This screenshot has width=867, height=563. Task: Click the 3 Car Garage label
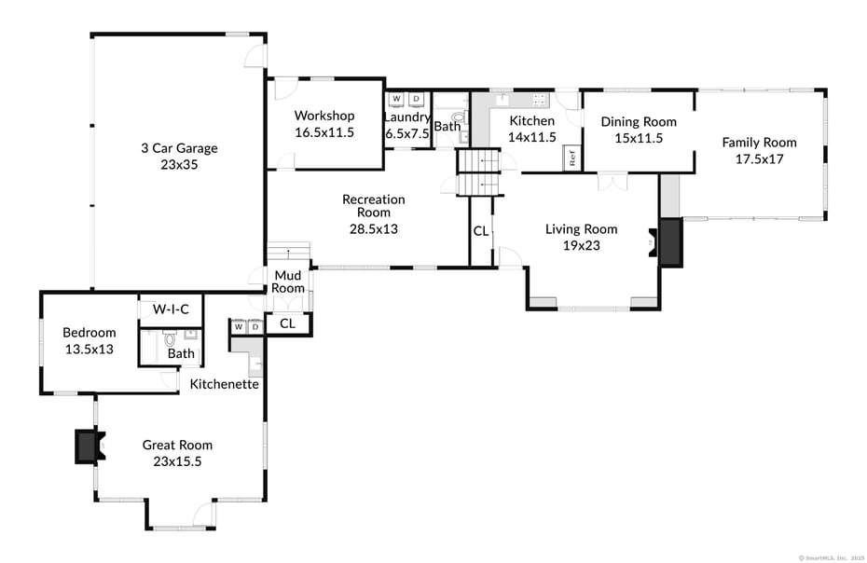pos(179,147)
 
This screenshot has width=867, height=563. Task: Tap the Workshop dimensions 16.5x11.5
pos(323,132)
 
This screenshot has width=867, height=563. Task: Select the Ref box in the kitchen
pos(572,158)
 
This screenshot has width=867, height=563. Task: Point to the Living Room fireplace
pos(669,244)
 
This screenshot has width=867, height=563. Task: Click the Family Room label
pos(759,143)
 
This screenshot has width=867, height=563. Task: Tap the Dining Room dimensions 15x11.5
pos(638,138)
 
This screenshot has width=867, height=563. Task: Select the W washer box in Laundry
pos(396,98)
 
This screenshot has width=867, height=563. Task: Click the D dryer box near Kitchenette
pos(254,327)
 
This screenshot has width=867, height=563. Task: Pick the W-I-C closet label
pos(171,309)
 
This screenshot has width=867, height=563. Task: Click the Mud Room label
pos(288,281)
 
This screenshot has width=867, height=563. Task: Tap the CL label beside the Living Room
pos(480,230)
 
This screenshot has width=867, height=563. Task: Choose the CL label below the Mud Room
pos(287,323)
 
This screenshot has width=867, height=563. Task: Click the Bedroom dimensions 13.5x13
pos(89,350)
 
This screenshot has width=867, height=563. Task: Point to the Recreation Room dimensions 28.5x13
pos(373,227)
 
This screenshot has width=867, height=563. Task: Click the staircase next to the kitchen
pos(478,172)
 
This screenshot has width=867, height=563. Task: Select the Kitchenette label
pos(224,384)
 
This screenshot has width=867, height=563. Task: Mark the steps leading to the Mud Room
pos(288,254)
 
